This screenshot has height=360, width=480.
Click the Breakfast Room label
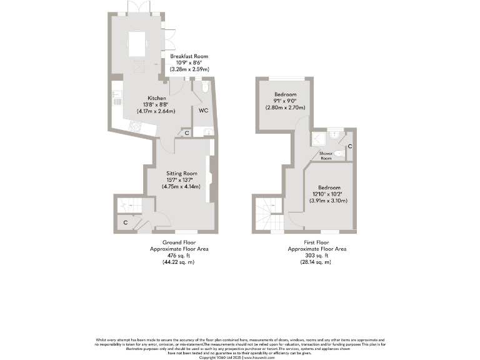pyautogui.click(x=189, y=56)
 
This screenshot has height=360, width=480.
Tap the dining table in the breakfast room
pyautogui.click(x=137, y=44)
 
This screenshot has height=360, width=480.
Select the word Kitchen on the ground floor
pyautogui.click(x=156, y=98)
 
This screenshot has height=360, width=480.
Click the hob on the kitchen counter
pyautogui.click(x=136, y=126)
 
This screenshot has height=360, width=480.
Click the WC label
pyautogui.click(x=203, y=111)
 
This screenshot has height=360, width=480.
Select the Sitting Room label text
pyautogui.click(x=181, y=173)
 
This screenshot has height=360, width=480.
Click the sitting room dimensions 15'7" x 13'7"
pyautogui.click(x=181, y=180)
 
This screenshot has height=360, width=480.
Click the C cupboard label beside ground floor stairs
pyautogui.click(x=126, y=222)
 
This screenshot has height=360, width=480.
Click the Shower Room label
pyautogui.click(x=326, y=155)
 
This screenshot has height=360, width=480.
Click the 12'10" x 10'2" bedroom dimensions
pyautogui.click(x=329, y=194)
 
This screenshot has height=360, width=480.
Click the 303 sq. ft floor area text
pyautogui.click(x=316, y=255)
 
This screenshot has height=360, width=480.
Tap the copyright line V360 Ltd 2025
pyautogui.click(x=239, y=357)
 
